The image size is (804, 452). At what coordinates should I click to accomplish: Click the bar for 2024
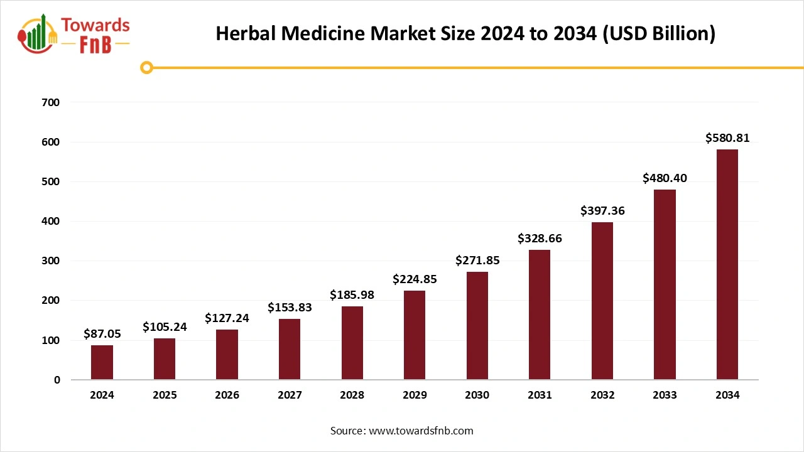point(102,362)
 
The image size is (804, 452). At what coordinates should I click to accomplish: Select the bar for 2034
point(727,264)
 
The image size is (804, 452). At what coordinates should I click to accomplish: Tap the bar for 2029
point(415,335)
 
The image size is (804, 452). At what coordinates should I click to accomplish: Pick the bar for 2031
point(540,315)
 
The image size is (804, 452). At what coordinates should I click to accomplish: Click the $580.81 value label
point(727,138)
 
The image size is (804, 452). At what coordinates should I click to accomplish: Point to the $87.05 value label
point(102,334)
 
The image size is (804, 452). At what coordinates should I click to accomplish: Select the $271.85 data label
point(477,260)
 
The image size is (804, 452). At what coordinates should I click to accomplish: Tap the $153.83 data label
point(290,307)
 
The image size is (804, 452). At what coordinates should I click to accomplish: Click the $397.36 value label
point(602,210)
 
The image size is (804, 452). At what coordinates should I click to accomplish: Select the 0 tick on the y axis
point(57,380)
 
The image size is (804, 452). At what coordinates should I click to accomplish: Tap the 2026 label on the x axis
point(227,395)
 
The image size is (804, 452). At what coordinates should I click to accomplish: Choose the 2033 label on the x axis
point(665,395)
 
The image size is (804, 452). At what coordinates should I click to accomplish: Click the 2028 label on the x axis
point(352,395)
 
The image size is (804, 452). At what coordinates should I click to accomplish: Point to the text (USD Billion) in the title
point(658,33)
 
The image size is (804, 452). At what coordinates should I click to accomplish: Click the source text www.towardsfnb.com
point(421,431)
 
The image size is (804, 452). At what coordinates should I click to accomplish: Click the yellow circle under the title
point(146,67)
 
